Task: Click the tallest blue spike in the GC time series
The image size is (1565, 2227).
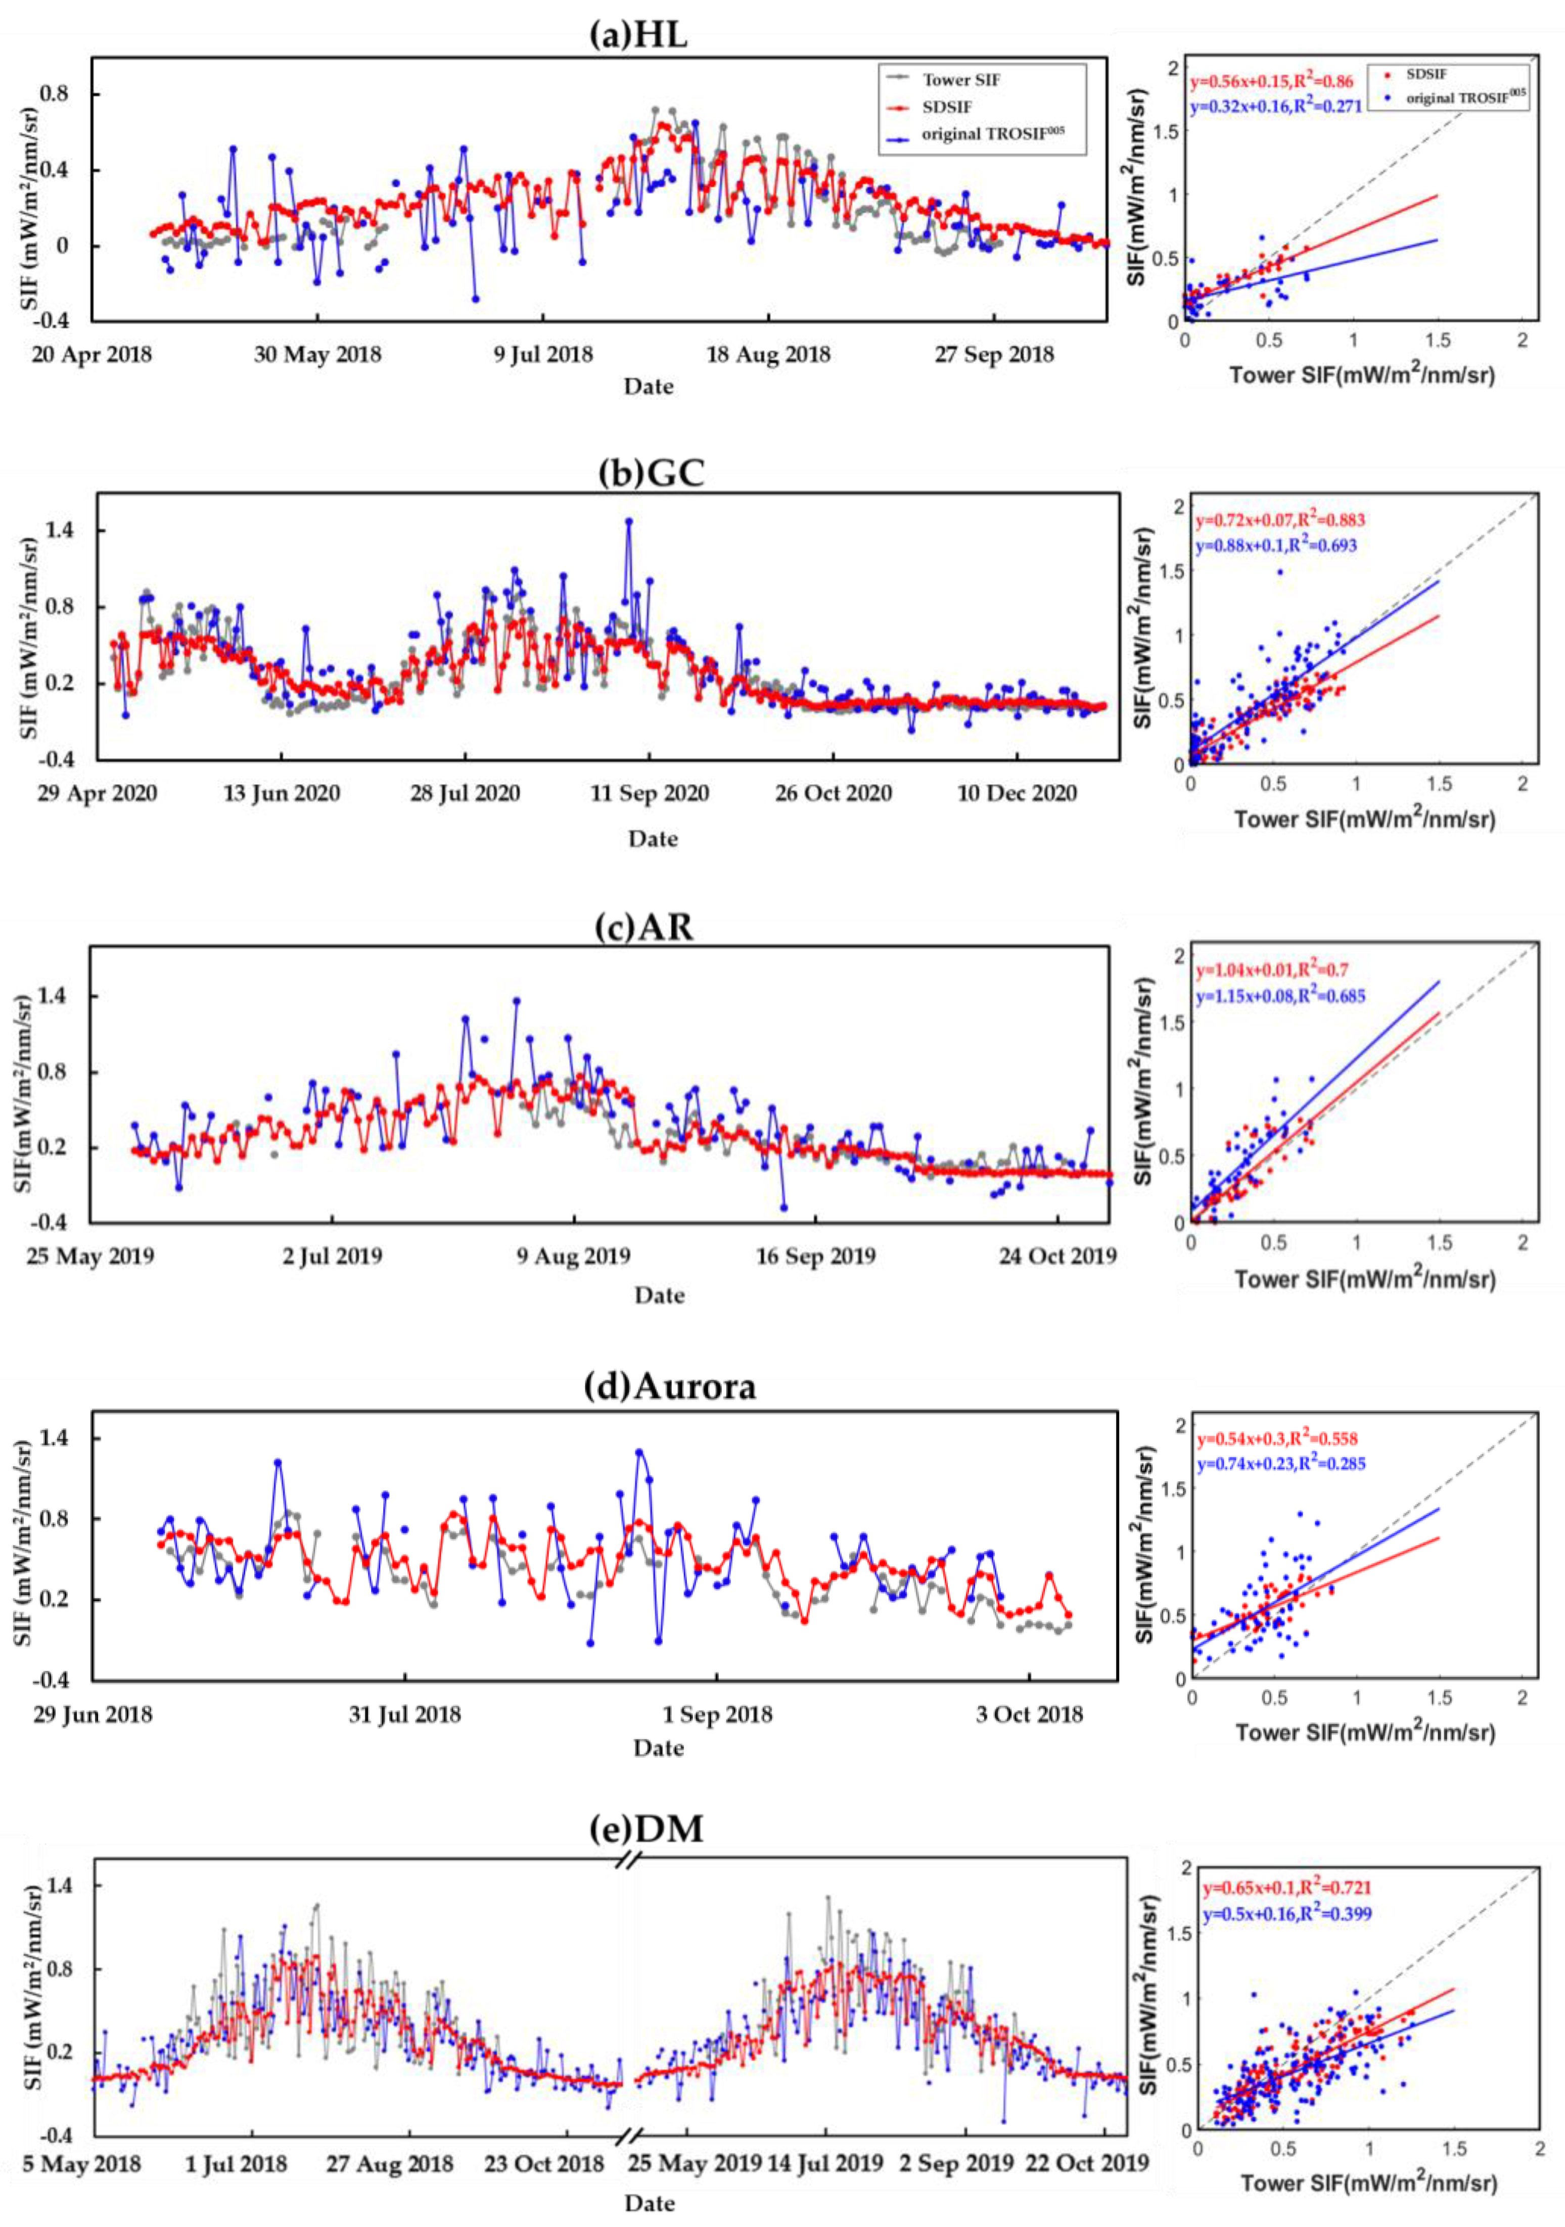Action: click(629, 521)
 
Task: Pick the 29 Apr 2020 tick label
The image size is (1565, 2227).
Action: click(97, 793)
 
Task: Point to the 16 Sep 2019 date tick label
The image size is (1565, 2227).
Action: click(815, 1256)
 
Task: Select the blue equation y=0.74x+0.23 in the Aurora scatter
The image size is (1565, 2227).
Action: click(1281, 1464)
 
